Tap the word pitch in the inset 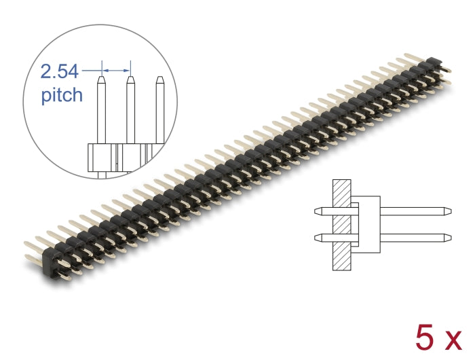[x=62, y=94]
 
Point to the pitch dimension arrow [x=115, y=69]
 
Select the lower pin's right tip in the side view [x=446, y=237]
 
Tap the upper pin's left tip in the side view [x=317, y=211]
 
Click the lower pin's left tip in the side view [x=317, y=237]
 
